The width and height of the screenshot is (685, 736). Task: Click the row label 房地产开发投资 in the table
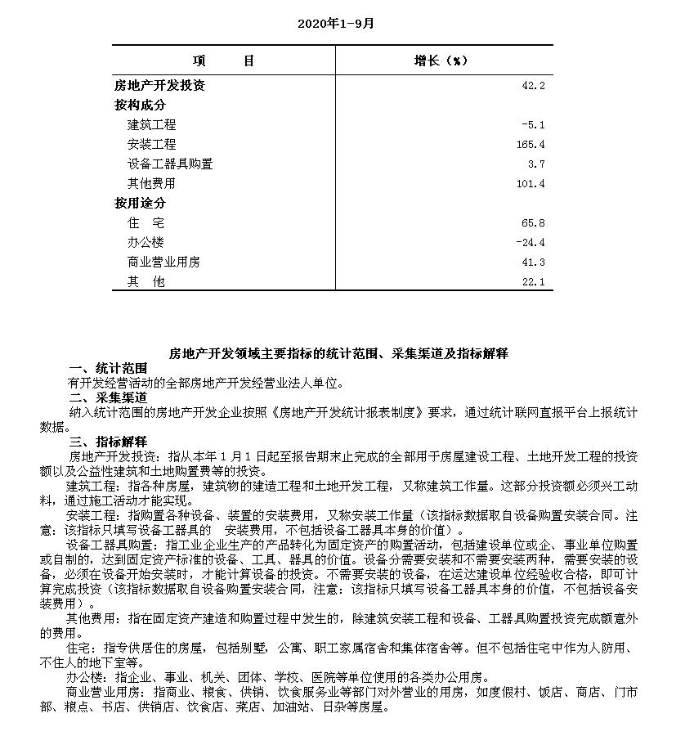click(159, 85)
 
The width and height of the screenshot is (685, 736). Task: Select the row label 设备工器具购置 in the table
click(170, 164)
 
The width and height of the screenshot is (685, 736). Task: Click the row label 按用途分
click(140, 203)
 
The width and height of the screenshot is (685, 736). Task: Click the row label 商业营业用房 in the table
click(163, 262)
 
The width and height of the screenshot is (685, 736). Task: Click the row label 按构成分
click(140, 105)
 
